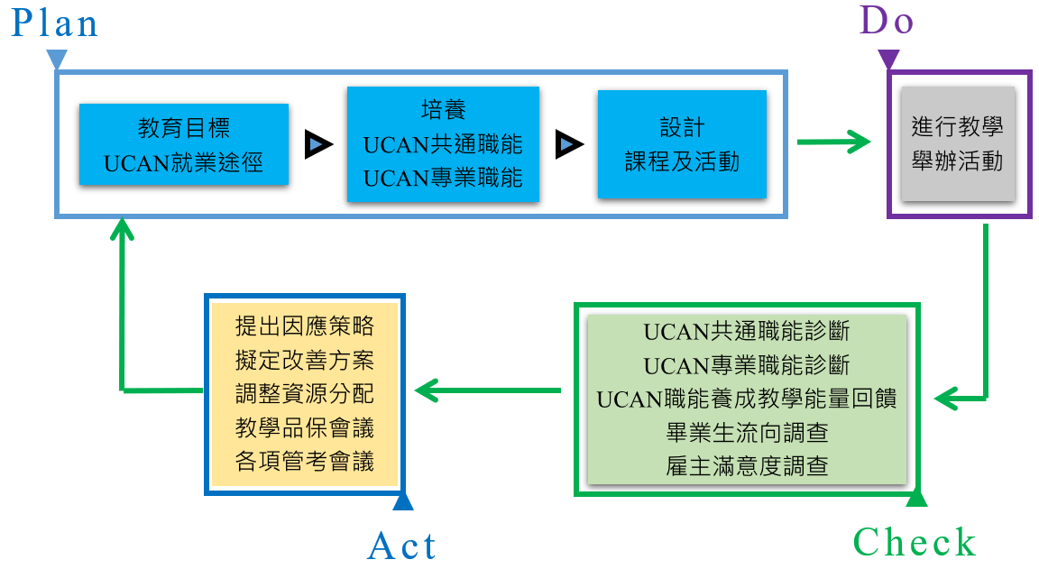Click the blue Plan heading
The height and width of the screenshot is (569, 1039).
pyautogui.click(x=54, y=23)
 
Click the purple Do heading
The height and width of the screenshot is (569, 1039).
pyautogui.click(x=887, y=20)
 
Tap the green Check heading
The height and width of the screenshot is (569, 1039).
pyautogui.click(x=914, y=543)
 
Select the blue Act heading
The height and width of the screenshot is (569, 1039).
pyautogui.click(x=402, y=546)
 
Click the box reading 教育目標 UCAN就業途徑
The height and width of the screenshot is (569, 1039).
pyautogui.click(x=184, y=144)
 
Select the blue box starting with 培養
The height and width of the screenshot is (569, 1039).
pyautogui.click(x=443, y=144)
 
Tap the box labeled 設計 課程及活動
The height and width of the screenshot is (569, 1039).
pyautogui.click(x=682, y=144)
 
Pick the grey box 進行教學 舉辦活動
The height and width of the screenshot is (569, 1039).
pyautogui.click(x=957, y=143)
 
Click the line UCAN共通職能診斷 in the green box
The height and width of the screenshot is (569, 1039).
pyautogui.click(x=747, y=331)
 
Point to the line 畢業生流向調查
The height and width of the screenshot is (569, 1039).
pyautogui.click(x=747, y=433)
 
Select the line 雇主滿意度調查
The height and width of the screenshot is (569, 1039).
pyautogui.click(x=747, y=466)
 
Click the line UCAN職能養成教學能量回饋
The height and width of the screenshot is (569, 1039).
pyautogui.click(x=747, y=399)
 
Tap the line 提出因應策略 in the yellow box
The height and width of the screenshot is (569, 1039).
pyautogui.click(x=304, y=326)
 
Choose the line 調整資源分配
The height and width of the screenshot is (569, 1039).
pyautogui.click(x=304, y=393)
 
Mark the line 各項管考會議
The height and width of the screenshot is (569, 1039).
pyautogui.click(x=304, y=461)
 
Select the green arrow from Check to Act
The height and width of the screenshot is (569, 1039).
pyautogui.click(x=487, y=390)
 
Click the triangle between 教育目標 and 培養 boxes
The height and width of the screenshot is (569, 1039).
pyautogui.click(x=317, y=144)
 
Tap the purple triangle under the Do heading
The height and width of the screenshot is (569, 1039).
pyautogui.click(x=889, y=60)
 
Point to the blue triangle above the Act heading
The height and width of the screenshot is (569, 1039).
pyautogui.click(x=403, y=501)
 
